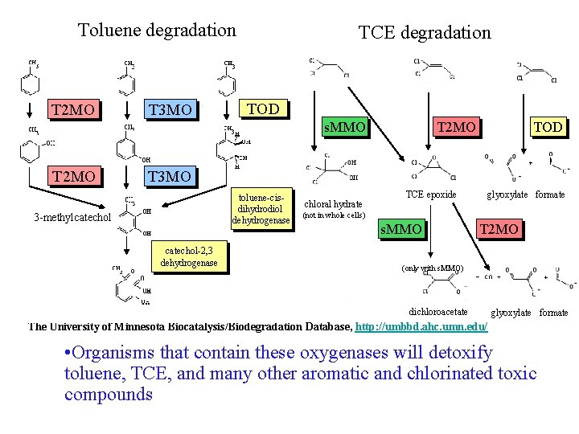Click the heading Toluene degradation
(x=157, y=31)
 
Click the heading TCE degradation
(x=424, y=32)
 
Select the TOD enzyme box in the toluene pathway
(x=265, y=108)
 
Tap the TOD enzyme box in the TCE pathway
(x=548, y=126)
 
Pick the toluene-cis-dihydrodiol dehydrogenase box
(x=261, y=208)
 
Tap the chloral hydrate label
(x=333, y=204)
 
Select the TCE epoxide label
(x=431, y=194)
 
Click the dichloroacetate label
(x=438, y=312)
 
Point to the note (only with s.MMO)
(x=433, y=268)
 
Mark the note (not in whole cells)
(x=333, y=215)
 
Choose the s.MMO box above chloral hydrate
(x=344, y=126)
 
